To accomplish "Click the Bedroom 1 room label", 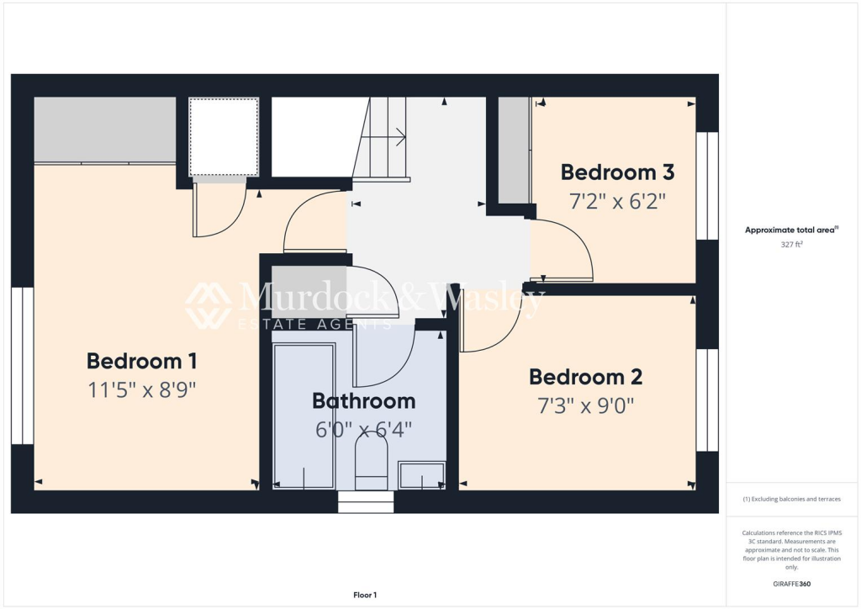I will click(141, 361).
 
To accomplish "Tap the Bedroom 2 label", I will click(585, 376).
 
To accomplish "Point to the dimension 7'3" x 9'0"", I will click(585, 405).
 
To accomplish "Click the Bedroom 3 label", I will click(617, 172).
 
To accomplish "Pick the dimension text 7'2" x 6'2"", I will click(617, 202).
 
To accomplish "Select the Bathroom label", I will click(363, 400).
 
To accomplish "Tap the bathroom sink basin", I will click(422, 475).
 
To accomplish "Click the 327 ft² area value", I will click(791, 245).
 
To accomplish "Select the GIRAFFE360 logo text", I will click(791, 583).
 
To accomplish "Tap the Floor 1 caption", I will click(365, 595).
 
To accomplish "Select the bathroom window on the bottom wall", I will click(366, 502).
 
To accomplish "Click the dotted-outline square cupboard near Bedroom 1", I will click(224, 137).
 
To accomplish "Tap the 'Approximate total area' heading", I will click(790, 230).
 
